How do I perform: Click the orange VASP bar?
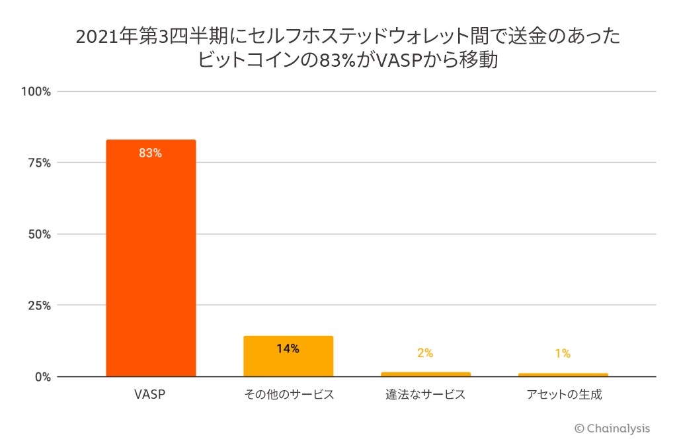pos(151,258)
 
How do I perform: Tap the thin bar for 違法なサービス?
pos(425,374)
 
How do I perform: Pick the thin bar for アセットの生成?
pos(563,375)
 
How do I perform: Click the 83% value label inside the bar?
pos(150,153)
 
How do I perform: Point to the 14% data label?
pos(288,348)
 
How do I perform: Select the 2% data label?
pos(425,353)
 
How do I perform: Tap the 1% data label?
pos(563,353)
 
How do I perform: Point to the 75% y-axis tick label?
pos(39,163)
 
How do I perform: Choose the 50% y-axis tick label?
pos(39,234)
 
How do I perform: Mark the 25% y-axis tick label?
pos(39,305)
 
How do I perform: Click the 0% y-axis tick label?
pos(42,377)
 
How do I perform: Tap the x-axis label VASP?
pos(150,395)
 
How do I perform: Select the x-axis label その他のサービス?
pos(288,395)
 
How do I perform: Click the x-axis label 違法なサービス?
pos(425,395)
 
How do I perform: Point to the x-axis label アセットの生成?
pos(564,395)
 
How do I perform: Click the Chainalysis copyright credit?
pos(612,428)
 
